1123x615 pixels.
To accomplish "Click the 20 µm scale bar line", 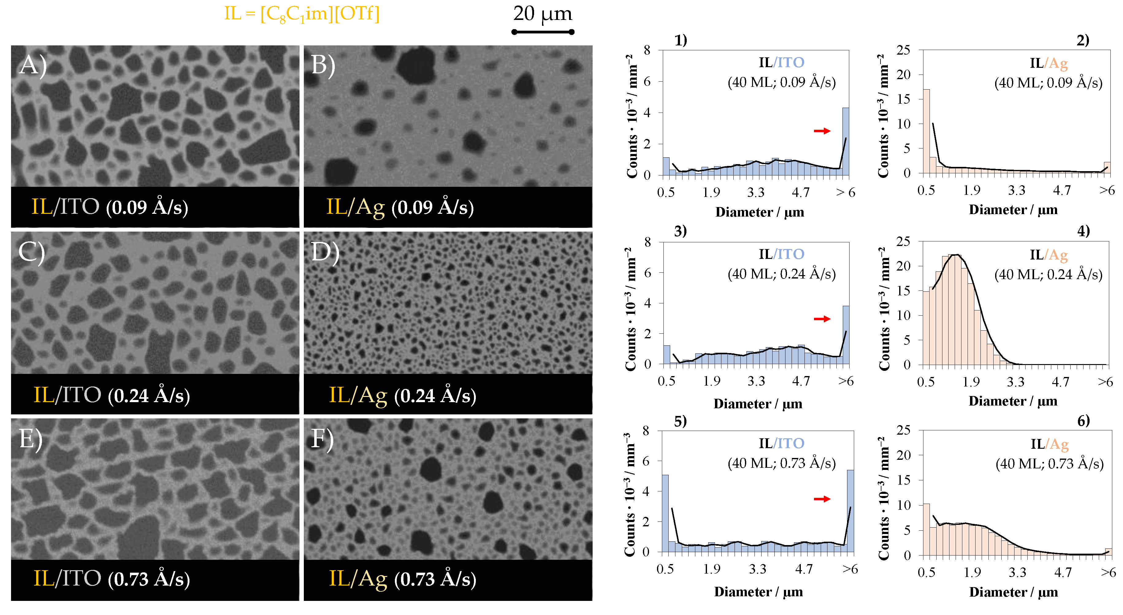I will point(543,32).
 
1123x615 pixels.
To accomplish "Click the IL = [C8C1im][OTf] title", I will point(302,14).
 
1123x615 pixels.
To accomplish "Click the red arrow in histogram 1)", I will point(822,131).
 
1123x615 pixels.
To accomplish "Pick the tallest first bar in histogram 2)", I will point(926,131).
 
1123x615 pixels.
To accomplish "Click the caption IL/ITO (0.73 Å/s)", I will point(112,579).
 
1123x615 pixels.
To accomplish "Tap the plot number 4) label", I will point(1083,230).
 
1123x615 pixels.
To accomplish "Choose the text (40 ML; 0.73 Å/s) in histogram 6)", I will point(1049,463).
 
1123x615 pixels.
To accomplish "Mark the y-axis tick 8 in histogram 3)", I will point(647,242).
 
